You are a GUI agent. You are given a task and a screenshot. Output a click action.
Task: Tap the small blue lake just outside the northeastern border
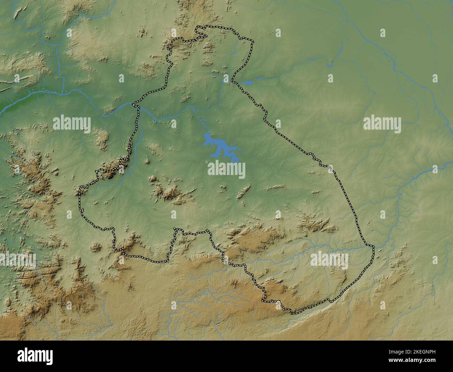[248, 83]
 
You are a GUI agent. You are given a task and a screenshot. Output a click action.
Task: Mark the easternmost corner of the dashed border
[374, 247]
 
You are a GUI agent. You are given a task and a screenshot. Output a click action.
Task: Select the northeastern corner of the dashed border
[253, 42]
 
